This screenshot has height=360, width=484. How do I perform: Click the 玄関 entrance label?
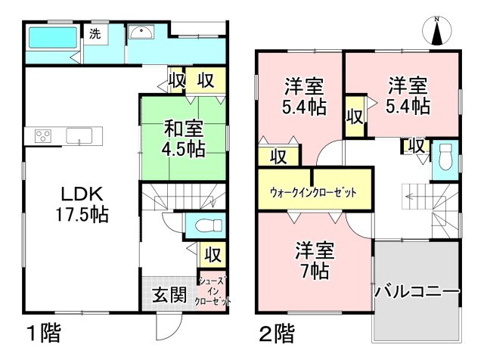(x=169, y=295)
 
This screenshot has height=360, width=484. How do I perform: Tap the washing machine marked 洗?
(x=95, y=34)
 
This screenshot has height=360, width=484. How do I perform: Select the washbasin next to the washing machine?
(x=141, y=32)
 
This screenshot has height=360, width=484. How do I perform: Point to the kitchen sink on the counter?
(x=79, y=137)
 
